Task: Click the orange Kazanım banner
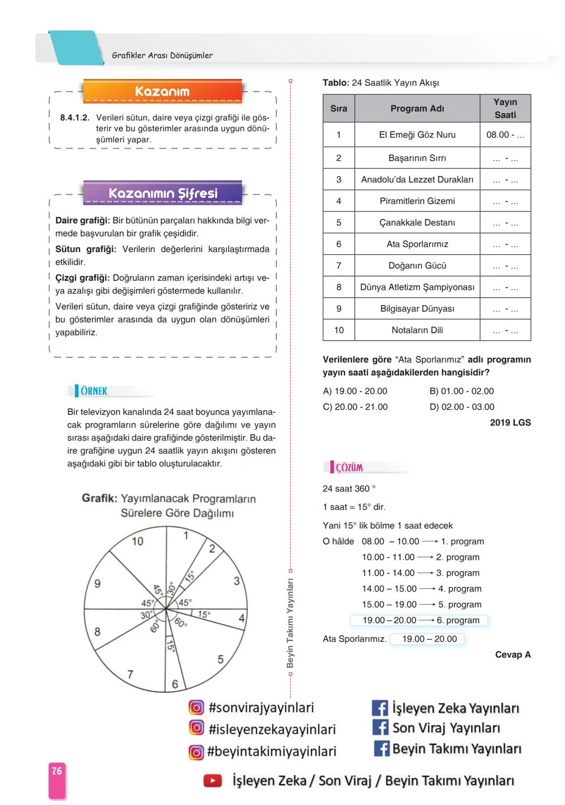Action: (x=162, y=91)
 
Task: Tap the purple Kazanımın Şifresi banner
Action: (x=162, y=193)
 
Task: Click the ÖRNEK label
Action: (x=93, y=391)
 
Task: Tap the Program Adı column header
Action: (x=417, y=108)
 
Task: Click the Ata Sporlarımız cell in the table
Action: (x=417, y=244)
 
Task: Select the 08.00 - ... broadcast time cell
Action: (x=505, y=134)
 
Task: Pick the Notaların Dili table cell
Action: (x=417, y=330)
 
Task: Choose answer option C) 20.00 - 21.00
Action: (x=355, y=407)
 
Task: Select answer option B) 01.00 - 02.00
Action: (x=461, y=391)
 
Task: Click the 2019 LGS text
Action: (x=510, y=423)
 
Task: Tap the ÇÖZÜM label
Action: (x=349, y=467)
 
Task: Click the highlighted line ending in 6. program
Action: (x=419, y=620)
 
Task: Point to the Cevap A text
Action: (x=513, y=654)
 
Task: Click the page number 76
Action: (x=56, y=771)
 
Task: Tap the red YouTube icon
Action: (x=212, y=781)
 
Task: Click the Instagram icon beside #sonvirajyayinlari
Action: (x=196, y=708)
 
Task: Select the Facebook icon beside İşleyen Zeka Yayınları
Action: (x=380, y=708)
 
